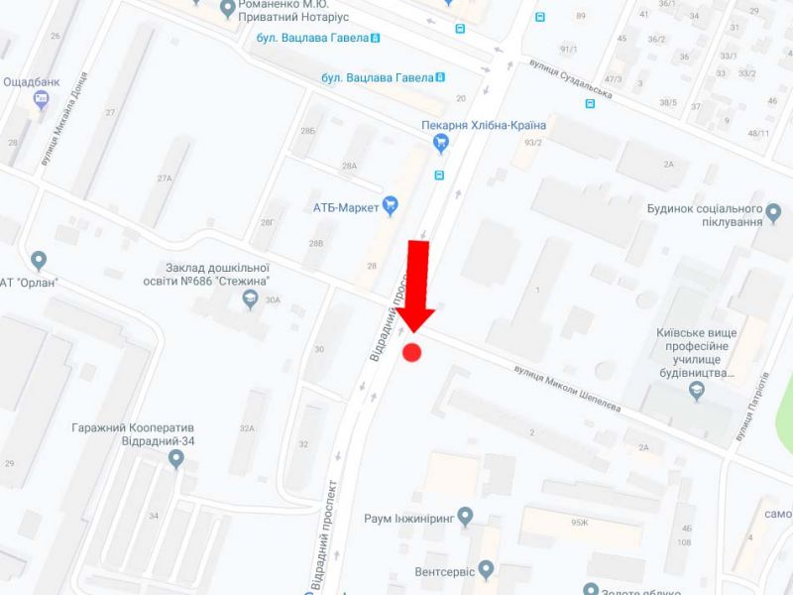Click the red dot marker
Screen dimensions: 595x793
click(x=412, y=352)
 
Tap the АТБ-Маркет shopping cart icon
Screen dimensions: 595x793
click(x=391, y=206)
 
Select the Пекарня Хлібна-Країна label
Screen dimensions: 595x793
click(x=483, y=125)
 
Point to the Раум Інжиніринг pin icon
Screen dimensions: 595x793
click(x=466, y=517)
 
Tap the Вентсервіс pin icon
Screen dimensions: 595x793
click(x=485, y=571)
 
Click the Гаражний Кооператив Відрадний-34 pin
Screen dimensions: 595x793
click(x=176, y=458)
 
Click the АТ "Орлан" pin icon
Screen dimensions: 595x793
click(x=39, y=262)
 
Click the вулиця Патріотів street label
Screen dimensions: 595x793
click(x=750, y=408)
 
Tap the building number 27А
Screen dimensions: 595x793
click(x=164, y=178)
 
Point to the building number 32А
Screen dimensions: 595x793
click(x=246, y=428)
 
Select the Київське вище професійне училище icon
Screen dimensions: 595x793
click(x=697, y=392)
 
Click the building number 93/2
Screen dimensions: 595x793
click(x=533, y=143)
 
